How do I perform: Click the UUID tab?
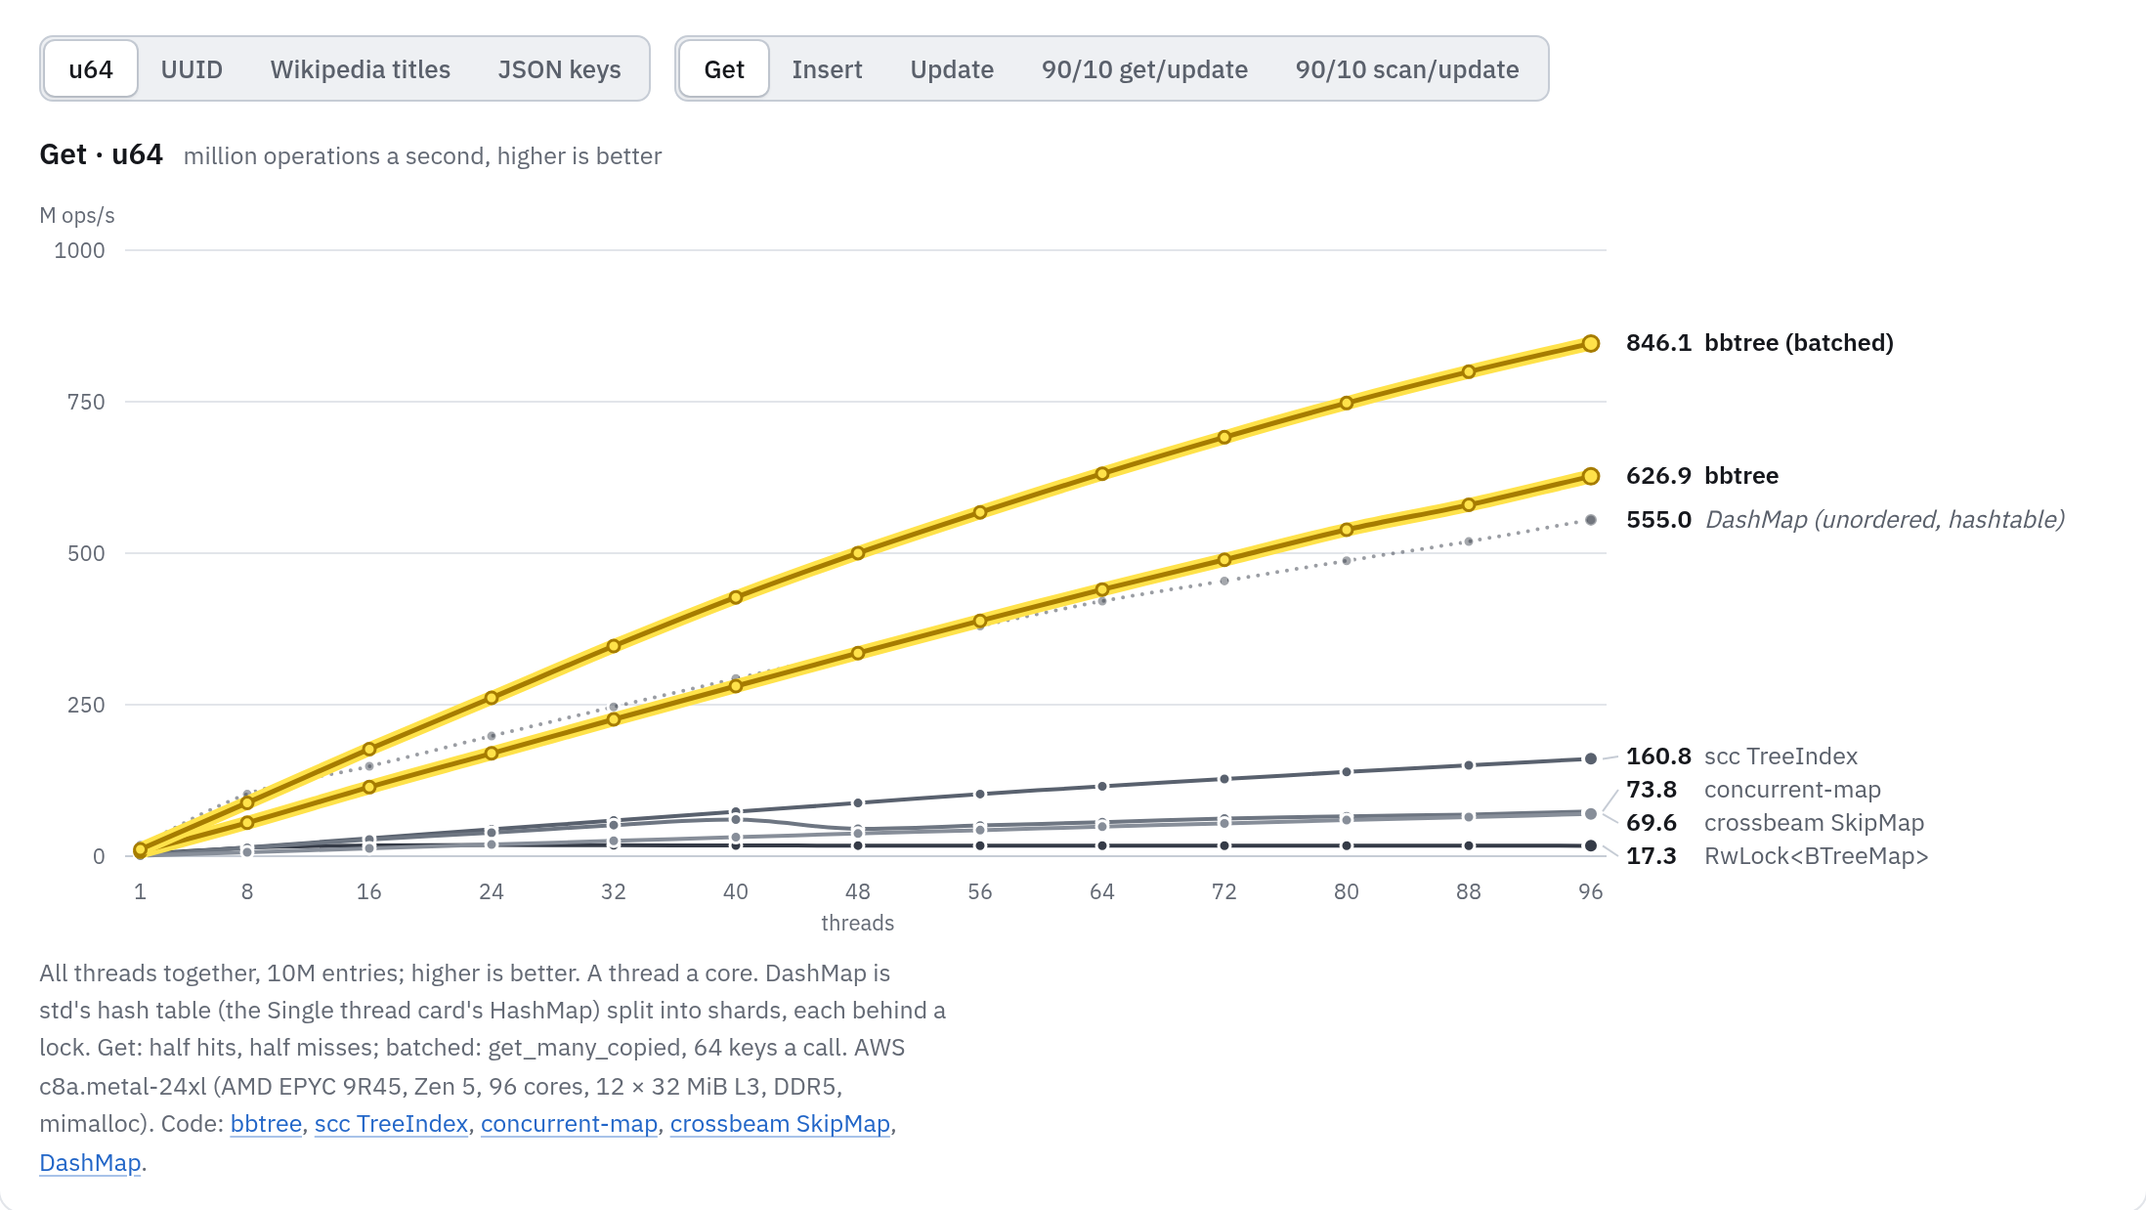point(192,69)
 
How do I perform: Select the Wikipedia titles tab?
point(361,69)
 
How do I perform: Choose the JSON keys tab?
point(559,69)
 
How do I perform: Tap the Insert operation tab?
point(827,69)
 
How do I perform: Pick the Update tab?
point(952,69)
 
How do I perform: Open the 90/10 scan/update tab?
point(1407,69)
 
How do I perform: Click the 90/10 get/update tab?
point(1144,69)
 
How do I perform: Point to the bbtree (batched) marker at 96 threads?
point(1591,343)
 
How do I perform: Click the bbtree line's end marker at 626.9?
point(1591,476)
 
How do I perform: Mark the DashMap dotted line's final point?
point(1591,520)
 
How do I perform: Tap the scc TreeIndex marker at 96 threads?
point(1591,758)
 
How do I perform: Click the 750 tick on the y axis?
point(86,402)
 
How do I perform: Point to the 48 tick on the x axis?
point(858,891)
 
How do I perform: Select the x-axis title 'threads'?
point(858,923)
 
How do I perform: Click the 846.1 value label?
point(1658,343)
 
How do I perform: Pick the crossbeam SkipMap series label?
point(1814,823)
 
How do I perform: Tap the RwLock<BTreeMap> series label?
point(1817,856)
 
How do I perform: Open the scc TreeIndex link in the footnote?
point(391,1124)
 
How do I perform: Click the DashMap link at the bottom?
point(90,1163)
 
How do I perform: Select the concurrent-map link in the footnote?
point(569,1124)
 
